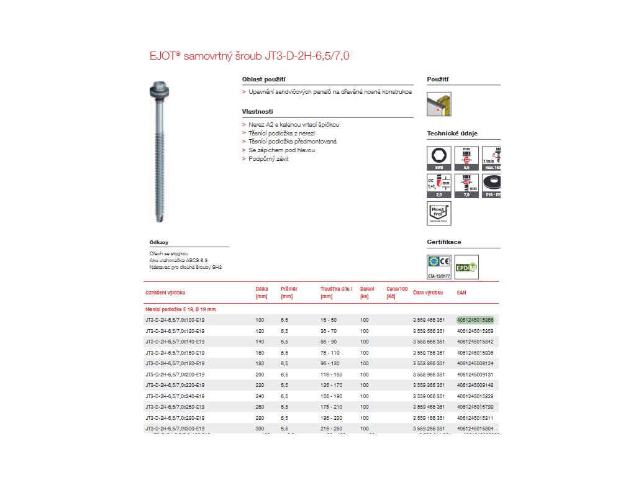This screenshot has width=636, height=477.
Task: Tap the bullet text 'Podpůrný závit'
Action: point(268,159)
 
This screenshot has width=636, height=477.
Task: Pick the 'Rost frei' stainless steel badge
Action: point(439,212)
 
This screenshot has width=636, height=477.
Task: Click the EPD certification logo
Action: point(467,267)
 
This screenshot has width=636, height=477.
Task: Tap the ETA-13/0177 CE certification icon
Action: point(439,264)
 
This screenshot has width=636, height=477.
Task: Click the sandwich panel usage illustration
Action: point(439,104)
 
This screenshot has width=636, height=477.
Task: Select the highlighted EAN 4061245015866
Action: point(475,320)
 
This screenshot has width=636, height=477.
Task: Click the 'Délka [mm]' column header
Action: point(261,292)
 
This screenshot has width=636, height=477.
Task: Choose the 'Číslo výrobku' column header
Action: point(428,292)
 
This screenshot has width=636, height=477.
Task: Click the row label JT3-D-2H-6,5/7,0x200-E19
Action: point(175,375)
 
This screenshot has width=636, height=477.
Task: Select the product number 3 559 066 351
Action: point(429,396)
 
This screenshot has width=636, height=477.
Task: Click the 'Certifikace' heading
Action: point(443,242)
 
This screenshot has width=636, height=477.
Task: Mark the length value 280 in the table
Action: point(260,418)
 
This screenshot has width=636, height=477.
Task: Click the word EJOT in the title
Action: point(163,56)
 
